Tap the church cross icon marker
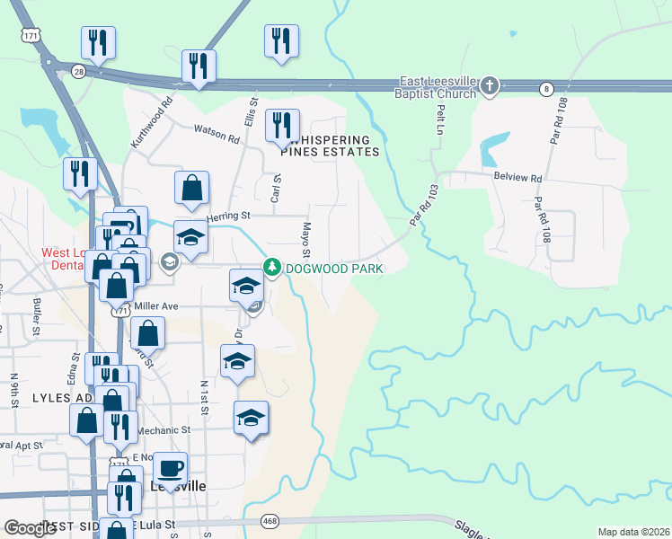489,86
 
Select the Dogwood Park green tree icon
271,267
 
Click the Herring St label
227,216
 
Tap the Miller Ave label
156,306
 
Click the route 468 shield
270,521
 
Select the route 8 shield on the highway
546,88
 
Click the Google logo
30,528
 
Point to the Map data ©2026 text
633,532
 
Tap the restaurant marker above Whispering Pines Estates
282,126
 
